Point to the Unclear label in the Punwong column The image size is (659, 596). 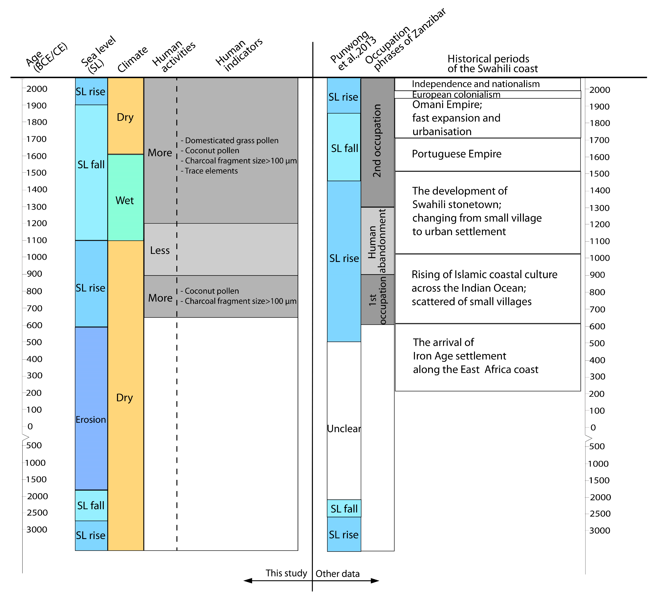(344, 428)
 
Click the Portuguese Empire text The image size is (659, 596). (456, 154)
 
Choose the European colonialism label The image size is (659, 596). (456, 95)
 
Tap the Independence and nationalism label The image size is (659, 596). (476, 84)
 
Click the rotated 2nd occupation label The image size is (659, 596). (377, 141)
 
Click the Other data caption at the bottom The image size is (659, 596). (338, 574)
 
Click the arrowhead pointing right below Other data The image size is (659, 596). (375, 581)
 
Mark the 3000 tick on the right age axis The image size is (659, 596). (599, 531)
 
